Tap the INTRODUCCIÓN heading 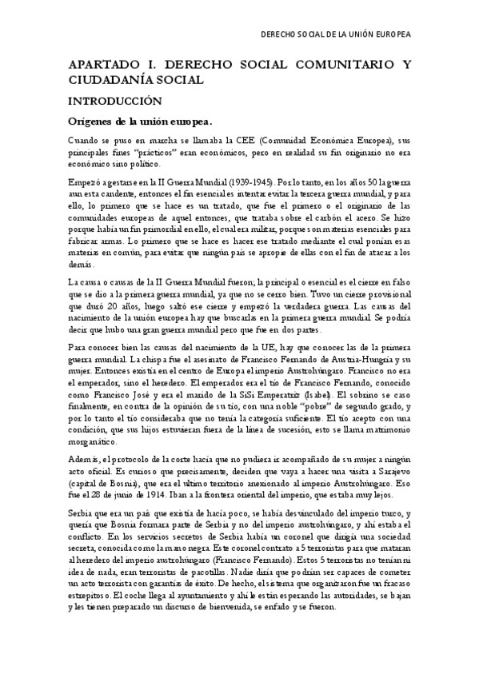[115, 102]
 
